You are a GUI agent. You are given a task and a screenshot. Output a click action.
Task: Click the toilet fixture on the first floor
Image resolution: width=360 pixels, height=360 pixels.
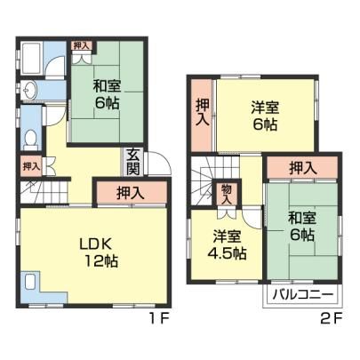[x=30, y=141]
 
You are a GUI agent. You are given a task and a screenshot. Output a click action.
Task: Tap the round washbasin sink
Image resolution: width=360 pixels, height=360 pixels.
[x=29, y=89]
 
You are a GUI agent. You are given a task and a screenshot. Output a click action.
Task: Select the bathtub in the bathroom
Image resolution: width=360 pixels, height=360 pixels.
[x=31, y=59]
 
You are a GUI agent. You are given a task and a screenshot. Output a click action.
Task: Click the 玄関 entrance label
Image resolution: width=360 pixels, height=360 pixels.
[x=133, y=163]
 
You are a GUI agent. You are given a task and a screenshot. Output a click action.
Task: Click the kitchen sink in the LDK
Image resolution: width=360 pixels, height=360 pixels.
[x=30, y=282]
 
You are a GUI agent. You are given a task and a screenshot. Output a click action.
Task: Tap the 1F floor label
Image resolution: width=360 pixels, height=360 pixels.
[x=159, y=319]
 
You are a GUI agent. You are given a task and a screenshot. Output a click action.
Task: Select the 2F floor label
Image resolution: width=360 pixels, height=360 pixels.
[x=332, y=319]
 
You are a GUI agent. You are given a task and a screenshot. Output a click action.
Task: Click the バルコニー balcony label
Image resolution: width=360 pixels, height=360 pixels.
[x=303, y=295]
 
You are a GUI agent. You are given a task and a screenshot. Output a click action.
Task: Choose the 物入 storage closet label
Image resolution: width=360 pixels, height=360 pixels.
[x=227, y=194]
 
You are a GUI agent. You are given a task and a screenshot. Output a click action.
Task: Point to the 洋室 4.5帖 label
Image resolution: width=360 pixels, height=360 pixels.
[x=227, y=244]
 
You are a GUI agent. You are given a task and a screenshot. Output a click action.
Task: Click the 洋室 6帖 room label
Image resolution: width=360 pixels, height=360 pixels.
[x=265, y=116]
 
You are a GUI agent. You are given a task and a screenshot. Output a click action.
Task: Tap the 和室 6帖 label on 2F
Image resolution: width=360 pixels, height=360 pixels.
[x=302, y=227]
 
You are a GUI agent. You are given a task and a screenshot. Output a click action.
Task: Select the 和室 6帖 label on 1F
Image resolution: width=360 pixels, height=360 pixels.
[x=107, y=94]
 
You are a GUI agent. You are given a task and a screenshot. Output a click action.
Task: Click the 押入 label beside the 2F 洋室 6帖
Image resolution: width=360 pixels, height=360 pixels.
[x=203, y=112]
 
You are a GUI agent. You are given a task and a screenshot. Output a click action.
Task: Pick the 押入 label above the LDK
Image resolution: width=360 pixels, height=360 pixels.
[x=131, y=193]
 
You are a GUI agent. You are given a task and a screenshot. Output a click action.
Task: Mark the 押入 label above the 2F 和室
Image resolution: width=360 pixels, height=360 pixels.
[x=303, y=168]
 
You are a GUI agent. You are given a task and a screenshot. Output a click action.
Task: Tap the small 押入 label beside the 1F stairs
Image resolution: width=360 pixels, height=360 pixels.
[x=31, y=166]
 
